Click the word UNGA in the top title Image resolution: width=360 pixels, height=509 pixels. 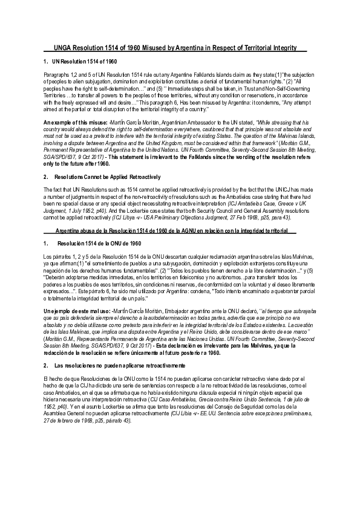[62, 48]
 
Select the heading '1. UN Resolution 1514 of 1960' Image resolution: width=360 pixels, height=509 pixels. [80, 62]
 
